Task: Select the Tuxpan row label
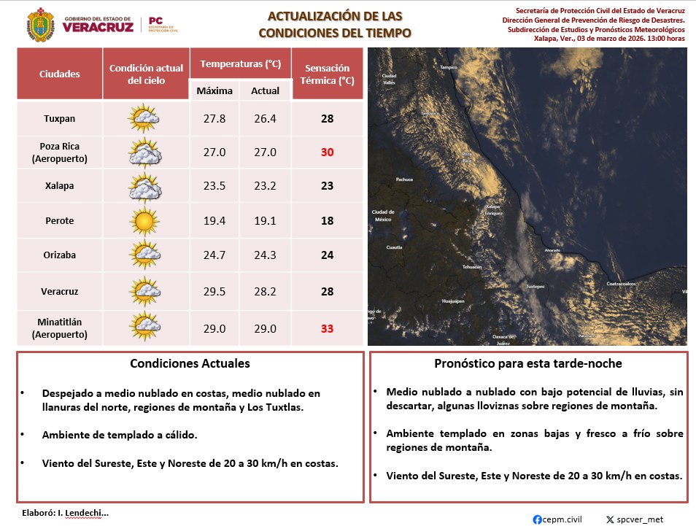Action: (x=60, y=118)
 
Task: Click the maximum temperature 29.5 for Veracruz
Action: (x=214, y=291)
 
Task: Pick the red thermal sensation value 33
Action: (x=327, y=329)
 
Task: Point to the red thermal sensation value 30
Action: (x=327, y=152)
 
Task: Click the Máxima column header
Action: (x=214, y=90)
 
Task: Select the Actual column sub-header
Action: (x=265, y=90)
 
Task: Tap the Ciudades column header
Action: (x=60, y=74)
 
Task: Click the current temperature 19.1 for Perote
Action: (x=265, y=220)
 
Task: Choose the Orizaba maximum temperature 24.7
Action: (x=214, y=255)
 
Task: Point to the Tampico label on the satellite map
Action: (x=449, y=67)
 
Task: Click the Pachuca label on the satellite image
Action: (x=404, y=179)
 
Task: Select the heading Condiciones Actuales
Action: (x=190, y=363)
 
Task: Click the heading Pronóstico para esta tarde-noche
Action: (x=528, y=363)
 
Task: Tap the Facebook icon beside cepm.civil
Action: (x=538, y=519)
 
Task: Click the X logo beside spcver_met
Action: (x=610, y=519)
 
